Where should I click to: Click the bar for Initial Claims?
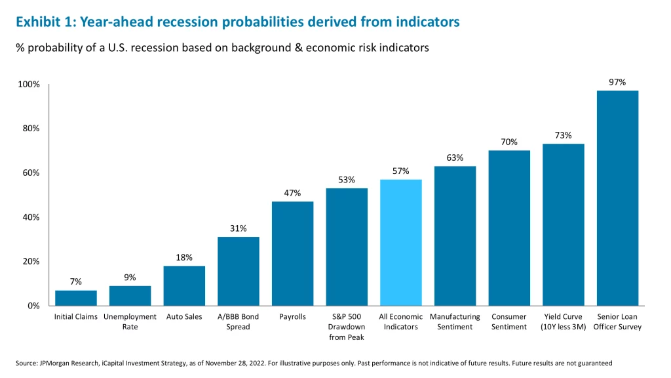click(x=76, y=297)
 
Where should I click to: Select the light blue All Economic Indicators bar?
click(x=400, y=242)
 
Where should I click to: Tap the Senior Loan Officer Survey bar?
click(x=617, y=198)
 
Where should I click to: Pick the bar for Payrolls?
click(x=292, y=253)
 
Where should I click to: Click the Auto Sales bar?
click(x=184, y=285)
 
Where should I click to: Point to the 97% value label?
click(x=617, y=82)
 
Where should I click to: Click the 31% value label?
click(x=238, y=228)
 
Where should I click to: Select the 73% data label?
click(x=563, y=135)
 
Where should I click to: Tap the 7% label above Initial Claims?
click(x=76, y=282)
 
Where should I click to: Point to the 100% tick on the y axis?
click(x=28, y=85)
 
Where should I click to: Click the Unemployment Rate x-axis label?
click(x=130, y=322)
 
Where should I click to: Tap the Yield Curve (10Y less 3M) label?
click(x=563, y=322)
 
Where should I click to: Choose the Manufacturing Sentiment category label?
click(x=455, y=322)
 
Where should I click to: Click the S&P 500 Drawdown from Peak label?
click(x=347, y=327)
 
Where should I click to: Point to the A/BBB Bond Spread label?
click(x=238, y=322)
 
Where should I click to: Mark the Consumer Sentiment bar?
click(x=509, y=228)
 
